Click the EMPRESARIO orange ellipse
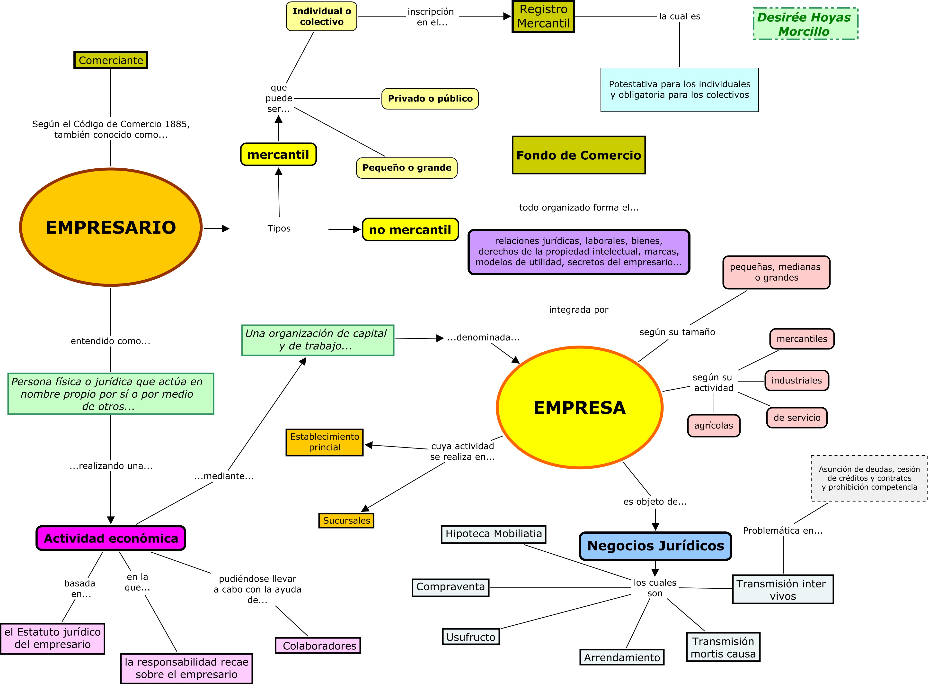(111, 227)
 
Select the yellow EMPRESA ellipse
(579, 408)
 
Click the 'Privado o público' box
(430, 99)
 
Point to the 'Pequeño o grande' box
(407, 168)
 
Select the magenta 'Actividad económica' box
(111, 538)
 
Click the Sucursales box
(346, 521)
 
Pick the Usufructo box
(470, 637)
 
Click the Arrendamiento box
(622, 657)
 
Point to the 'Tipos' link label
(279, 228)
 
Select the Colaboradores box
(318, 646)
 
